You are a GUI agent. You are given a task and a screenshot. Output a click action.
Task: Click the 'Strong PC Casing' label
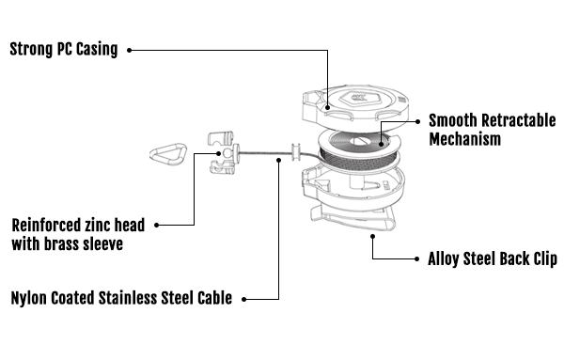pos(64,50)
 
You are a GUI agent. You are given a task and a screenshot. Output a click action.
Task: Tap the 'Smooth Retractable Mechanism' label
pos(492,130)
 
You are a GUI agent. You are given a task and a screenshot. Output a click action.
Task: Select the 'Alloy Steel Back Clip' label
pos(493,258)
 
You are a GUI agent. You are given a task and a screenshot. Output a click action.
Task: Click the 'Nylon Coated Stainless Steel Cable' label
pos(121,298)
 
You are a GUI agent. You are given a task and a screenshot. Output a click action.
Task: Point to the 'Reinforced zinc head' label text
pos(78,226)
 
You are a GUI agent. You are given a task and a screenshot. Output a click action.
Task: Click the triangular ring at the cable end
pos(168,154)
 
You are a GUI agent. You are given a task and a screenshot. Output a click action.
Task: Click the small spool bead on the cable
pos(296,152)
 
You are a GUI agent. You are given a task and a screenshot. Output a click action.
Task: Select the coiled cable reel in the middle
pos(359,151)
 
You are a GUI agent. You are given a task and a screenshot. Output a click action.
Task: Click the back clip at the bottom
pos(352,217)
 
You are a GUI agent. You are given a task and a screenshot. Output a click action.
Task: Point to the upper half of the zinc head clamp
pos(221,139)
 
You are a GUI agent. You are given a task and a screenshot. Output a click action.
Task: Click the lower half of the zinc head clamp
pos(222,167)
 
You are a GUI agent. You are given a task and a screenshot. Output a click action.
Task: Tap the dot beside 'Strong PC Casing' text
pos(129,51)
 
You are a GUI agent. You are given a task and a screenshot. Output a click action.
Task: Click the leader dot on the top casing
pos(327,107)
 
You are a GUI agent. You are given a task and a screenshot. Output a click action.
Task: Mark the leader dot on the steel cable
pos(279,160)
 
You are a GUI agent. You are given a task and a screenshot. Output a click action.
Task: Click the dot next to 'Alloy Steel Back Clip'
pos(416,258)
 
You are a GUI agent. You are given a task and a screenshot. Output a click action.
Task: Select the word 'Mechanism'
pos(464,139)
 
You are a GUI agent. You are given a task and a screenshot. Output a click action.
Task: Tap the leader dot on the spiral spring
pos(381,144)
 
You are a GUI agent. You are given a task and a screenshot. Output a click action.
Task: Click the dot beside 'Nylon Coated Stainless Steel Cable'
pos(243,299)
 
